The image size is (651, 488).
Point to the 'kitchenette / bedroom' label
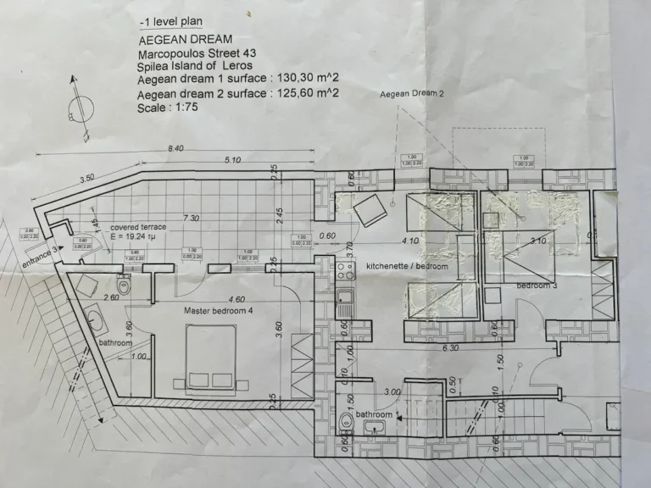coord(407,266)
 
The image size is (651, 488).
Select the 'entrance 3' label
coord(41,252)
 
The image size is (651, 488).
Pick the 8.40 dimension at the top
coord(176,148)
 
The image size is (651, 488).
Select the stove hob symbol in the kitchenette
coord(345,273)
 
